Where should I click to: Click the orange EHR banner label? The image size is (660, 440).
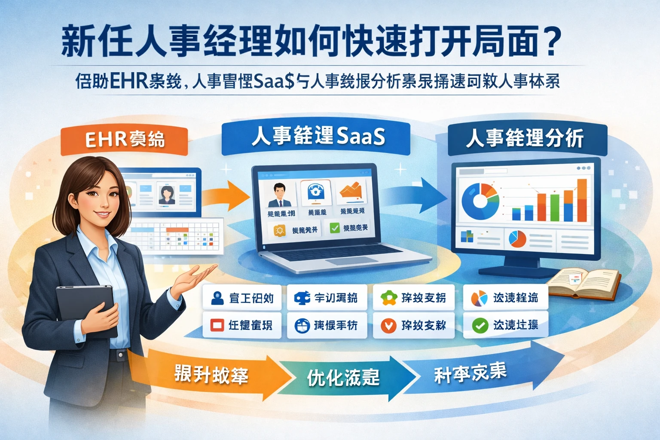124,140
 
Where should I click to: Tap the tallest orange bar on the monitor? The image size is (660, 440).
582,200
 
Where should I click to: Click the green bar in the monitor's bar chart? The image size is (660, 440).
555,208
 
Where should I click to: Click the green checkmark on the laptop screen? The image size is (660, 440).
335,228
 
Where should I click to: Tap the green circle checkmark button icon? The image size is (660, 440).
480,326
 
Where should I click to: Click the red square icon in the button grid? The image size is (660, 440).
217,325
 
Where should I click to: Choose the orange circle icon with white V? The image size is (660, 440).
388,326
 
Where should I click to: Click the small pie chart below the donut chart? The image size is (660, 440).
517,239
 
